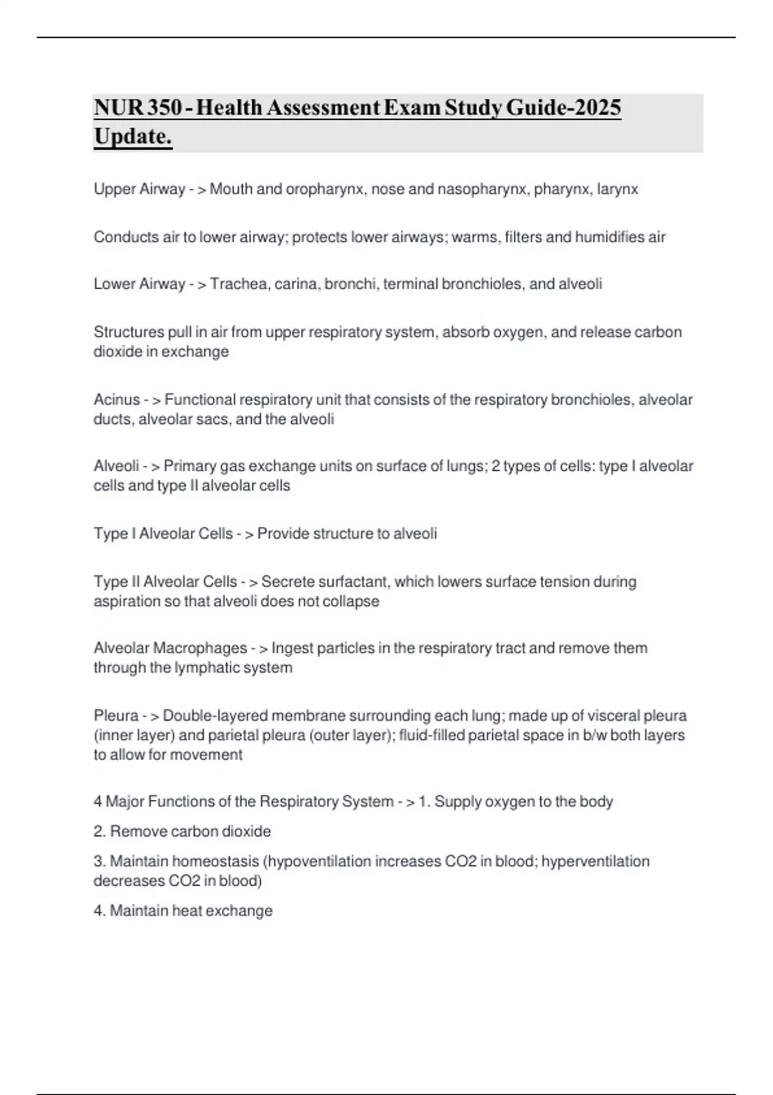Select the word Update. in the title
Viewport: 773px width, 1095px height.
click(x=133, y=137)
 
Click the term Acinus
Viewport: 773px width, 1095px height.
click(x=117, y=400)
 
